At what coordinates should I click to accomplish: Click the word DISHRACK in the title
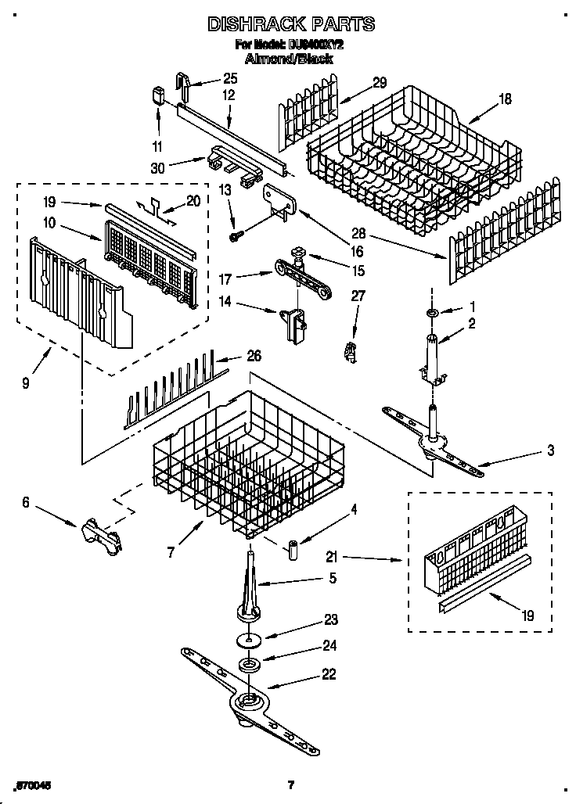click(251, 24)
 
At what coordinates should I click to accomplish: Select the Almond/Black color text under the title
click(289, 59)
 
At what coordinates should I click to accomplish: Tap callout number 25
click(229, 77)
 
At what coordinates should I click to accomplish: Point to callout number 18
click(505, 99)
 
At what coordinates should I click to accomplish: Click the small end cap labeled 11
click(157, 96)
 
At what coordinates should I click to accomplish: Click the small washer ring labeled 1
click(431, 314)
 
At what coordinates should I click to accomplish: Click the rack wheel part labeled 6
click(99, 537)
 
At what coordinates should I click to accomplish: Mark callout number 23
click(331, 620)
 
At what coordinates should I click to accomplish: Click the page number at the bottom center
click(290, 784)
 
